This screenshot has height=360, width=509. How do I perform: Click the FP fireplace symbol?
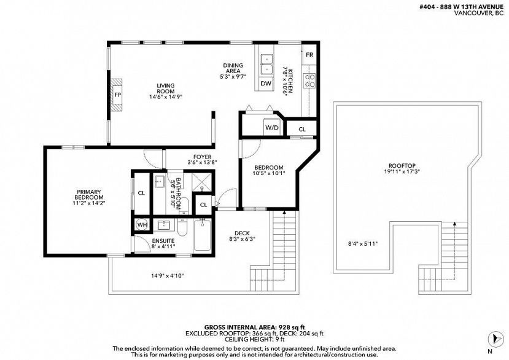tap(117, 95)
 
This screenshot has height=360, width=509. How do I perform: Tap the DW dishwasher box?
tap(266, 84)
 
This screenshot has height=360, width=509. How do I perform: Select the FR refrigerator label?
tap(309, 55)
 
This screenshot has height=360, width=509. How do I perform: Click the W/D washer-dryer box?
tap(272, 127)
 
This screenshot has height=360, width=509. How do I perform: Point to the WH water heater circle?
tap(142, 224)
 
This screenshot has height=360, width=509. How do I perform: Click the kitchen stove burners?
tap(309, 80)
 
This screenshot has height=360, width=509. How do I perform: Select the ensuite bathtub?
tap(202, 235)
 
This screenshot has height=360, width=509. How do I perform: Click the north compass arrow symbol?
tap(494, 338)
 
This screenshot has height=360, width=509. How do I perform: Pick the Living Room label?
tap(166, 88)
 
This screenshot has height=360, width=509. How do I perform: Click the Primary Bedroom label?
tap(89, 195)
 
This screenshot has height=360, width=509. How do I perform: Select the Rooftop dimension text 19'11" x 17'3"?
tap(402, 172)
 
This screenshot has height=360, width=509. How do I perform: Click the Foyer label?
tap(202, 157)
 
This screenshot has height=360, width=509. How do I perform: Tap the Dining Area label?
tap(233, 68)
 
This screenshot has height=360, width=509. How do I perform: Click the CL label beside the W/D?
tap(302, 129)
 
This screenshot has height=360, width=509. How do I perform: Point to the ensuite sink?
tap(163, 224)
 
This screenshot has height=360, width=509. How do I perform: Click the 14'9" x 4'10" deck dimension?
tap(168, 276)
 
